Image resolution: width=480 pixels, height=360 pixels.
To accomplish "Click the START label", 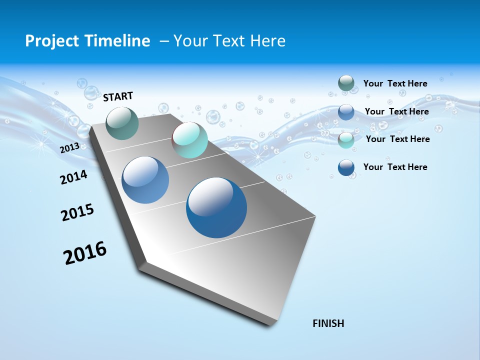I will tap(118, 96).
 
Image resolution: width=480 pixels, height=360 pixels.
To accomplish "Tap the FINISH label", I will tap(328, 323).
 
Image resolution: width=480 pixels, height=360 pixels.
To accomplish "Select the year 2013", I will tap(69, 148).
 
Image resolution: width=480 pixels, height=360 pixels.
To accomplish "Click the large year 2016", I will tap(85, 253).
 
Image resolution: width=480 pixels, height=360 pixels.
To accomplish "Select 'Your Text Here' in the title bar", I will tap(229, 41).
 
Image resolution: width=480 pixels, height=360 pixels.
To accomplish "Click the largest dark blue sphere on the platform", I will tap(216, 207).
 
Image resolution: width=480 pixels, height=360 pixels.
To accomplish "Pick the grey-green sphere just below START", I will tap(122, 123).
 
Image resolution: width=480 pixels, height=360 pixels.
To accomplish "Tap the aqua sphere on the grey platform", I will tap(190, 140).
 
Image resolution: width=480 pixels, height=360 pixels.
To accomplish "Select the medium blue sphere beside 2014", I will tap(145, 180).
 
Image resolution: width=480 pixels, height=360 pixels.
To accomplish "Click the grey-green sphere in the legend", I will tap(346, 83).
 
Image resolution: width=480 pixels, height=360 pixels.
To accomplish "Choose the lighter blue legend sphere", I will tap(346, 112).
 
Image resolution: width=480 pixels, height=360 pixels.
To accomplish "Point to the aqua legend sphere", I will tap(346, 140).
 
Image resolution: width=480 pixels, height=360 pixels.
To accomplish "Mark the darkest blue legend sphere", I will tap(346, 168).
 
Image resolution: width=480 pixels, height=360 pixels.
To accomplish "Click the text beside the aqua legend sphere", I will tap(397, 139).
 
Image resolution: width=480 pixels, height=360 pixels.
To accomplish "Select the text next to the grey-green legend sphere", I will tap(395, 83).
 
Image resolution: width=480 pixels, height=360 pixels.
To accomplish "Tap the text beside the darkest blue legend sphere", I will tap(395, 167).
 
